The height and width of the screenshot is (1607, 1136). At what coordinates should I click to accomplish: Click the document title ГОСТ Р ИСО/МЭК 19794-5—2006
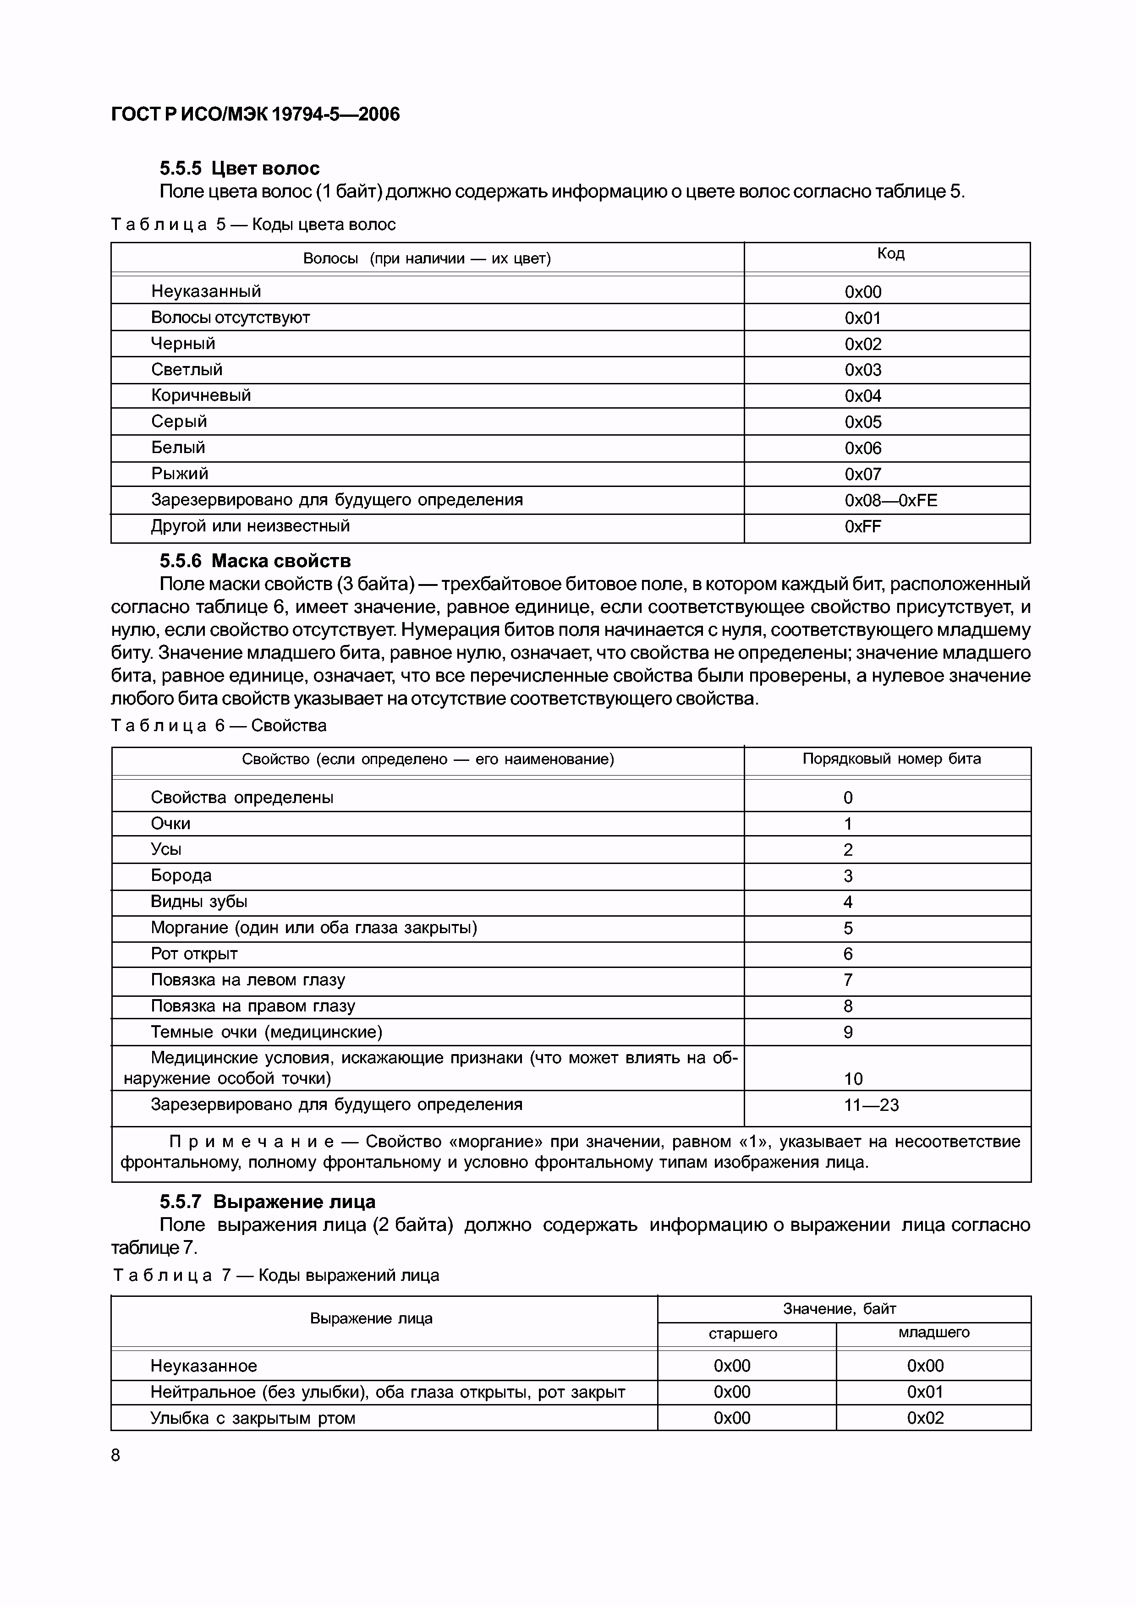tap(256, 114)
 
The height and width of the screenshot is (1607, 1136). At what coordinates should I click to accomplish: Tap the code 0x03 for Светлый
tap(862, 370)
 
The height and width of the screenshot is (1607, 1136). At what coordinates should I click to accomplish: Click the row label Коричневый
tap(201, 395)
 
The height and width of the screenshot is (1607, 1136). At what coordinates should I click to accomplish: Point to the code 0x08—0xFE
tap(890, 500)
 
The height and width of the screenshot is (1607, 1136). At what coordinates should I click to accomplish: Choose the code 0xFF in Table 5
tap(862, 526)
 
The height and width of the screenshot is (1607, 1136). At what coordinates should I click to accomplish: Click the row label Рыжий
tap(180, 474)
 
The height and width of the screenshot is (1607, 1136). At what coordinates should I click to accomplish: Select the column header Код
tap(890, 253)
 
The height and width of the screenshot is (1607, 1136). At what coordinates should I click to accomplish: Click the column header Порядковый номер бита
tap(891, 759)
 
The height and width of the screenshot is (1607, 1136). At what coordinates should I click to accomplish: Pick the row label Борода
tap(181, 875)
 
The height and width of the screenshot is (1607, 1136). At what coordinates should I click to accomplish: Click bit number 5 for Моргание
tap(848, 929)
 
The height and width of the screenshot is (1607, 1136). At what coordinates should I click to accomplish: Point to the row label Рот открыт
tap(195, 954)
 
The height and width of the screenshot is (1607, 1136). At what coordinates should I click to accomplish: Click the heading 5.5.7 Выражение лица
tap(267, 1201)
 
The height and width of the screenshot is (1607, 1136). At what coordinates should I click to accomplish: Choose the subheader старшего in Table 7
tap(743, 1334)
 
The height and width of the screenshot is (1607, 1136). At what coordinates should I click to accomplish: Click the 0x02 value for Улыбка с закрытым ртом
tap(925, 1418)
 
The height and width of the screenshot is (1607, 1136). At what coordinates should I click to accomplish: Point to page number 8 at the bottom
tap(115, 1455)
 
